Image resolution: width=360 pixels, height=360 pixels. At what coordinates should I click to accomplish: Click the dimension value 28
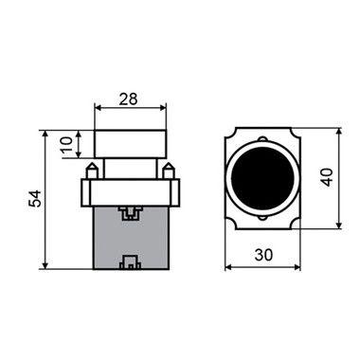129,99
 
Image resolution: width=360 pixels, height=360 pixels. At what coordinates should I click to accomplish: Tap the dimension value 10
66,144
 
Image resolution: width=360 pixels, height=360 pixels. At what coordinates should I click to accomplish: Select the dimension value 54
35,198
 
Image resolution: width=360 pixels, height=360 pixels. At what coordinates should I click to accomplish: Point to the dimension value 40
328,177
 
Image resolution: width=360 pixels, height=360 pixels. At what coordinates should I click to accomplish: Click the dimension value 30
263,255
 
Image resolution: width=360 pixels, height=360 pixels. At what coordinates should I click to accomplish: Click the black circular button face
262,178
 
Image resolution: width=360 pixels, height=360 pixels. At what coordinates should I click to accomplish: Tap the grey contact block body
131,238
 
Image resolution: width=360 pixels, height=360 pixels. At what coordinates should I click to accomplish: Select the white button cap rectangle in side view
131,144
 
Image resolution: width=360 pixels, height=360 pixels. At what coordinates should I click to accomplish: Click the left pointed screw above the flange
93,171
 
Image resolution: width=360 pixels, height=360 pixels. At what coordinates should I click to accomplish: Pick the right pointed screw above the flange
168,171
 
